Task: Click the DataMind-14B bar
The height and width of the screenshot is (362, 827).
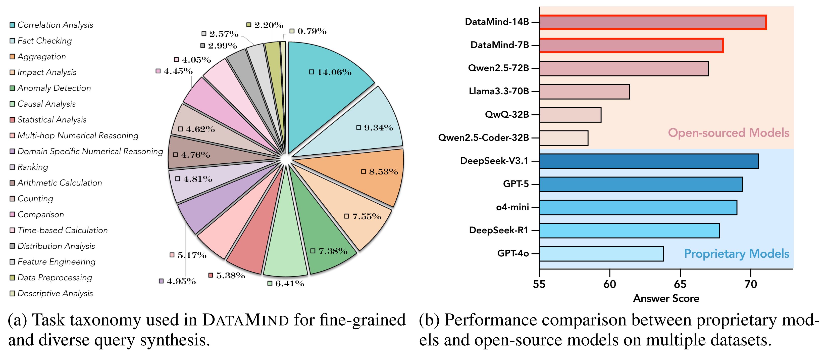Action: coord(652,22)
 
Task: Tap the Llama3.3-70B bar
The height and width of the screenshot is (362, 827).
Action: coord(584,92)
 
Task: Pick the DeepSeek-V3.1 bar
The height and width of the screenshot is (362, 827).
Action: coord(648,161)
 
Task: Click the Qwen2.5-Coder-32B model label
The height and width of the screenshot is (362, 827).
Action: coord(483,138)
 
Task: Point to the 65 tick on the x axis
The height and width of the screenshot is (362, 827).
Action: coord(680,284)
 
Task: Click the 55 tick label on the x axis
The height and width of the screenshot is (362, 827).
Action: coord(539,284)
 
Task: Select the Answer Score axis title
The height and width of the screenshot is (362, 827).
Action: coord(666,298)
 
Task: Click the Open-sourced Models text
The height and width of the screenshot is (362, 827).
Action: coord(728,133)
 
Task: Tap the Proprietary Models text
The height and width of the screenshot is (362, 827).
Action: coord(736,254)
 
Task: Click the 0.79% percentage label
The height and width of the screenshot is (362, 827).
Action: coord(312,31)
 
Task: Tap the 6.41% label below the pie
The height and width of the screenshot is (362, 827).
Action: coord(289,283)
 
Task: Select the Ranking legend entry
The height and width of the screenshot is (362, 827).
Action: coord(32,167)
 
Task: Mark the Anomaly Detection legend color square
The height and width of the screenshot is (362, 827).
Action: coord(12,88)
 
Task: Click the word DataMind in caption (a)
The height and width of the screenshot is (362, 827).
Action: coord(246,320)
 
